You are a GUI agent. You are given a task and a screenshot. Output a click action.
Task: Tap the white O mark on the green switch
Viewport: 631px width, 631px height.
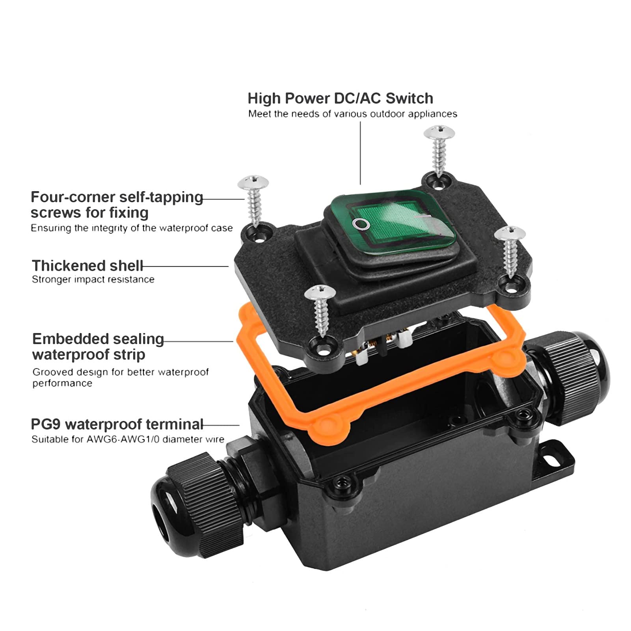click(361, 224)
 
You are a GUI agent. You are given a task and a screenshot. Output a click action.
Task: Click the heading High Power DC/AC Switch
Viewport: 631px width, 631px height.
click(340, 98)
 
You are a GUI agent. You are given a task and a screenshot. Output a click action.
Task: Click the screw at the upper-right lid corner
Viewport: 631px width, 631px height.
click(439, 150)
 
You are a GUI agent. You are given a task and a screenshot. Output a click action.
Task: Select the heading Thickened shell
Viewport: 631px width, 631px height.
click(87, 266)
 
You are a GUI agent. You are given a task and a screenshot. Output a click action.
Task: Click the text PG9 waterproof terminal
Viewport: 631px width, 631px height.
click(117, 424)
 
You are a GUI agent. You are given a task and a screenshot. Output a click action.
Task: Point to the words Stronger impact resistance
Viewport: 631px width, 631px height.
click(93, 279)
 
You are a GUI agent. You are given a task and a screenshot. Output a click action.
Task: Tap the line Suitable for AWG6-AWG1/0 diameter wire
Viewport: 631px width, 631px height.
click(128, 439)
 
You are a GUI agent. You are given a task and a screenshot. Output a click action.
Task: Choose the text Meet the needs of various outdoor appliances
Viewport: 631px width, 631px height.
click(352, 114)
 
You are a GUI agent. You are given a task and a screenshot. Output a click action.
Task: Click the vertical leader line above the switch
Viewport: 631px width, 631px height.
click(360, 154)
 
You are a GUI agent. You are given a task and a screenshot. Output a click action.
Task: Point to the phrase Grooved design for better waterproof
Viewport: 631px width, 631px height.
click(120, 372)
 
